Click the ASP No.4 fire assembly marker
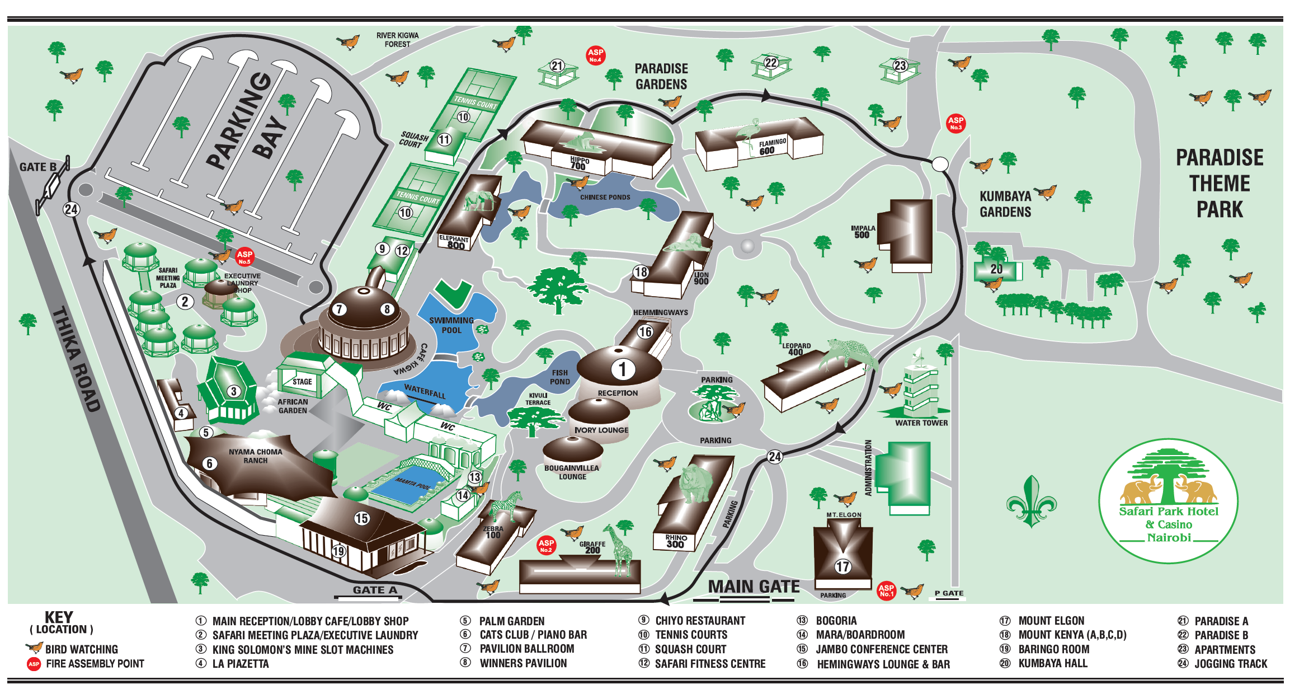[x=595, y=55]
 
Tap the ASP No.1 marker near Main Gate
[x=886, y=590]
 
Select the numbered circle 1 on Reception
[x=622, y=369]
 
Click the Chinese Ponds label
[x=605, y=197]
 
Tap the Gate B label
[x=37, y=167]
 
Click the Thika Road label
[x=76, y=359]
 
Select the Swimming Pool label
[x=451, y=325]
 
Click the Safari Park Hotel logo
[x=1168, y=500]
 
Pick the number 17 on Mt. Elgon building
[x=842, y=566]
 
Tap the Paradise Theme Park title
[x=1220, y=184]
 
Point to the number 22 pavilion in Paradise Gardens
[x=771, y=63]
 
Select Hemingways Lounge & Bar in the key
[x=883, y=664]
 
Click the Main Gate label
[x=754, y=587]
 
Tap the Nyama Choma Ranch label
[x=255, y=456]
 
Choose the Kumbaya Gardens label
[x=1005, y=204]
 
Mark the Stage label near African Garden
[x=302, y=382]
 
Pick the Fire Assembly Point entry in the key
[x=95, y=664]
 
